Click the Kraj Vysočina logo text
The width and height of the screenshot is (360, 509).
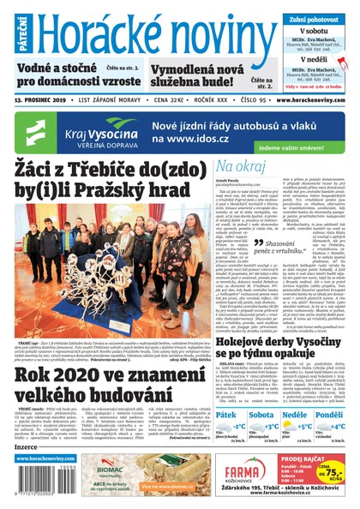coord(103,126)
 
